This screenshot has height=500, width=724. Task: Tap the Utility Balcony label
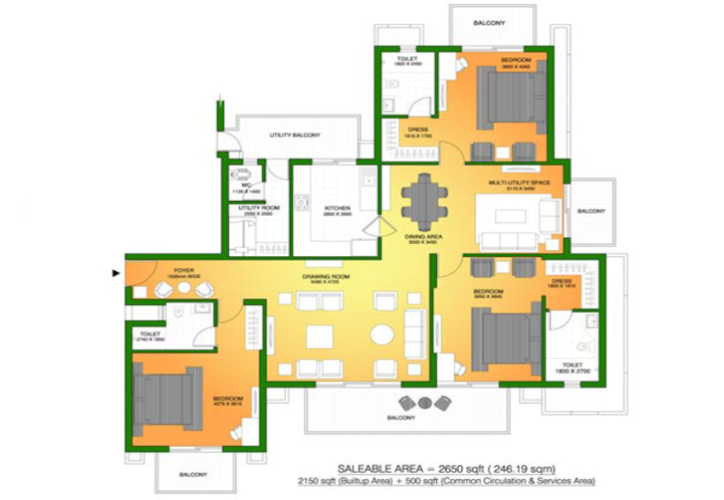[295, 135]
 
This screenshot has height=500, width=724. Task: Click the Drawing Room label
[326, 276]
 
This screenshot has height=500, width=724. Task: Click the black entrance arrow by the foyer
[115, 272]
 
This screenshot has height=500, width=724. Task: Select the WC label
[244, 186]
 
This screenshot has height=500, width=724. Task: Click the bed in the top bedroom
[512, 99]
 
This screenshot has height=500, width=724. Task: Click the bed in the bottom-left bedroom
[169, 398]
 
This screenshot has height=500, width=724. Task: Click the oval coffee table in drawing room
[382, 334]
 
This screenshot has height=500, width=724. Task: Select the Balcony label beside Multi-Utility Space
[591, 210]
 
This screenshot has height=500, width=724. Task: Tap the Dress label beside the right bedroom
[562, 282]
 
